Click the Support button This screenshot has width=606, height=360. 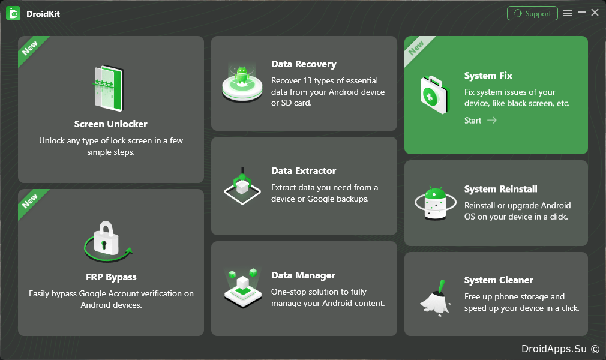532,14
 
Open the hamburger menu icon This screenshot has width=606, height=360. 568,14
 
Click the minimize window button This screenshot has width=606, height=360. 581,13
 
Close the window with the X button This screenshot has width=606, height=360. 595,13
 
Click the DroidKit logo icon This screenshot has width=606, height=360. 13,14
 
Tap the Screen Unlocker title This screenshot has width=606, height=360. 111,124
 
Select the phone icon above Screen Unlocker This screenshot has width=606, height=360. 109,88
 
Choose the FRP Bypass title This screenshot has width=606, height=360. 111,277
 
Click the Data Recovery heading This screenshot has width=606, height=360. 304,64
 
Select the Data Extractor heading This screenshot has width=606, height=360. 304,171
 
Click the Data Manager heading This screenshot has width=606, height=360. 304,275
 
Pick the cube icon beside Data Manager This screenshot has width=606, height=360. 243,288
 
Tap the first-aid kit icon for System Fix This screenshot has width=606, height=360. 435,95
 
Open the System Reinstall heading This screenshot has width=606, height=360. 501,189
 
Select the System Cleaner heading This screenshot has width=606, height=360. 499,280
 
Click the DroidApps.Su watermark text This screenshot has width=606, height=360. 554,349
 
